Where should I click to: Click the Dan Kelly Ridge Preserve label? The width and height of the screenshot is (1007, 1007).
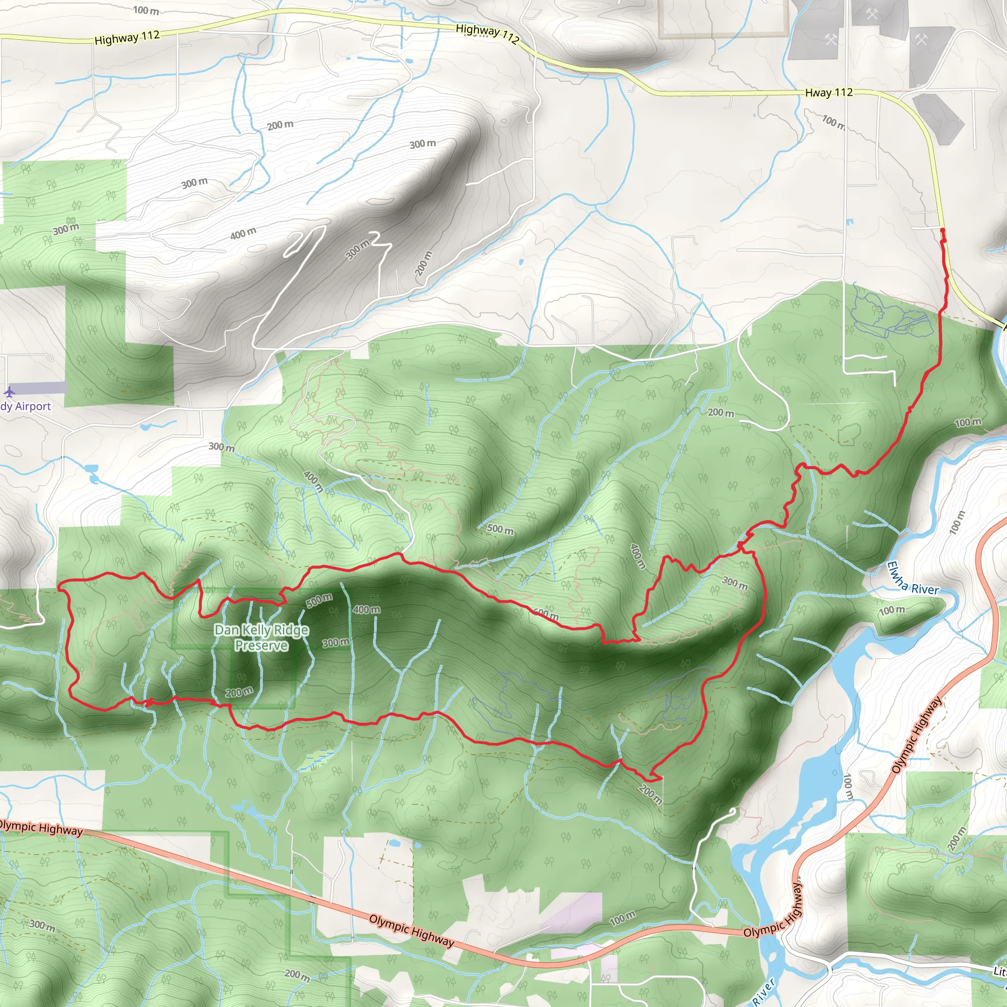pyautogui.click(x=261, y=638)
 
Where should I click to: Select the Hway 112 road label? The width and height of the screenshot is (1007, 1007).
pyautogui.click(x=829, y=93)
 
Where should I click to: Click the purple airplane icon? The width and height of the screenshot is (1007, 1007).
pyautogui.click(x=9, y=391)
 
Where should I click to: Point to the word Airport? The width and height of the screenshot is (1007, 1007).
pyautogui.click(x=33, y=407)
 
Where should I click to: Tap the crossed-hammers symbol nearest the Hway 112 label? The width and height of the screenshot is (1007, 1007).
pyautogui.click(x=830, y=39)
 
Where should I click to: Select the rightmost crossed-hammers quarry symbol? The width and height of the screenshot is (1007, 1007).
pyautogui.click(x=921, y=39)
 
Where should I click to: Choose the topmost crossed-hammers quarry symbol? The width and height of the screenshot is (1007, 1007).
pyautogui.click(x=873, y=14)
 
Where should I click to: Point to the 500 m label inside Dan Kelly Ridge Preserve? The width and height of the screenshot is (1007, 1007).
pyautogui.click(x=319, y=600)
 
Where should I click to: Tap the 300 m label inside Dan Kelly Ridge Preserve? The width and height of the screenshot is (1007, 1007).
pyautogui.click(x=336, y=643)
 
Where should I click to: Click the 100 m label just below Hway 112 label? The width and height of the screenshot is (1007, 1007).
pyautogui.click(x=833, y=122)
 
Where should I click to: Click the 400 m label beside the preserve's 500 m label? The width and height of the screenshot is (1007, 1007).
pyautogui.click(x=366, y=609)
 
